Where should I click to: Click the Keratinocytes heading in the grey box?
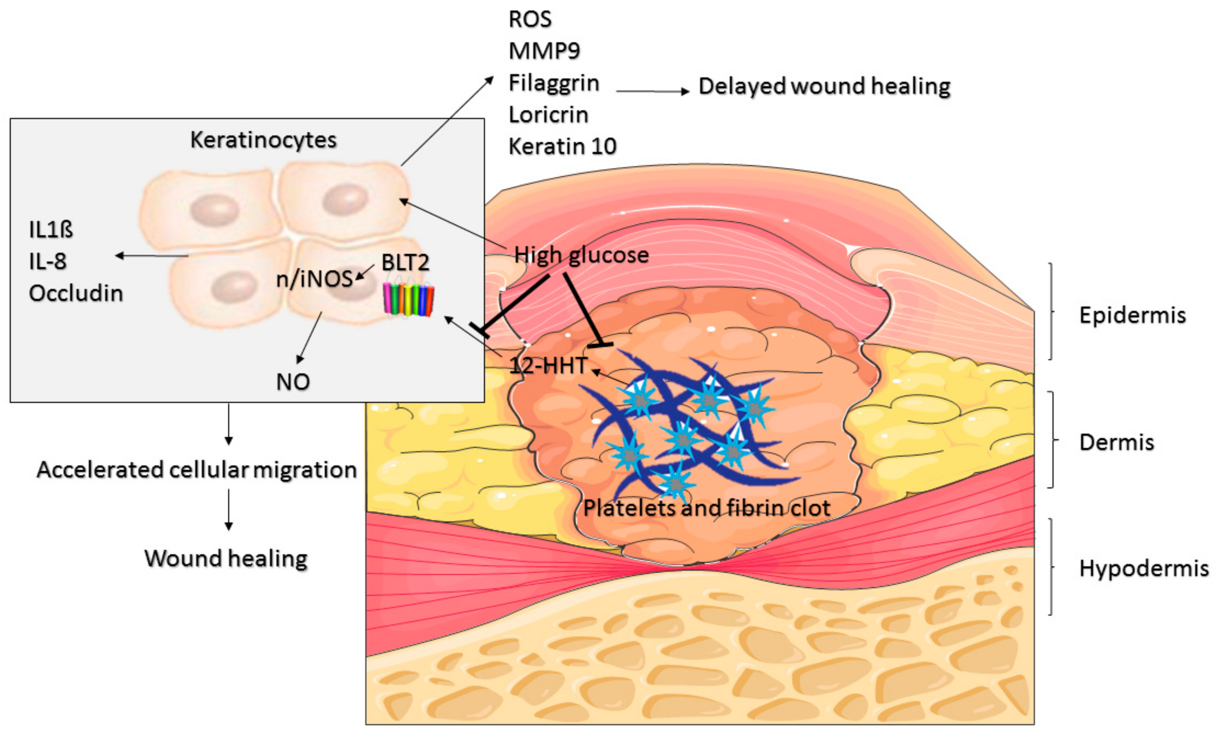pos(263,140)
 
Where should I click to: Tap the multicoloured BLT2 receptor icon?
pos(408,300)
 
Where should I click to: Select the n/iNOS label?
pos(314,279)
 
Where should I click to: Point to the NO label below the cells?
pos(293,382)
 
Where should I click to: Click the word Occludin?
pos(76,293)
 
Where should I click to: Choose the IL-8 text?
pos(47,261)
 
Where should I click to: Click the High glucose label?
pos(581,255)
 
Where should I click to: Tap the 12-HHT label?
pos(548,366)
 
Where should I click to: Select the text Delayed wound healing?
pos(824,86)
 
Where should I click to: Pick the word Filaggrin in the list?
pos(554,83)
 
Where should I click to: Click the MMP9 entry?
pos(544,51)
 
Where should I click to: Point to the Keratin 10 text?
pos(563,146)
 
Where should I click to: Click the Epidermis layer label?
pos(1132,315)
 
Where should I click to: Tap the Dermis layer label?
pos(1116,442)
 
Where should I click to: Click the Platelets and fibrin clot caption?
pos(706,508)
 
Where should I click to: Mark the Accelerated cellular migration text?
pos(197,470)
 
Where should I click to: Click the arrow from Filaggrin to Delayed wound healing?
pos(652,91)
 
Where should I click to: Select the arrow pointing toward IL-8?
pos(151,256)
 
